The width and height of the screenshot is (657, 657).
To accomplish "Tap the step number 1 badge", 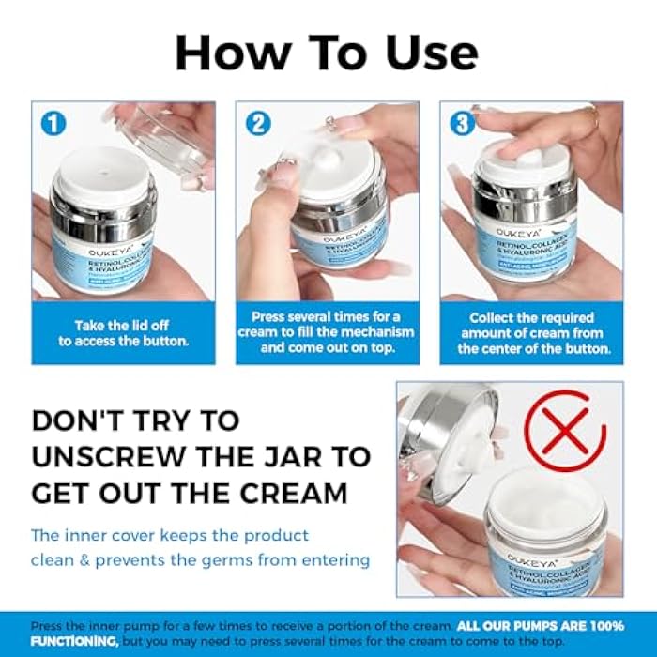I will [x=53, y=123].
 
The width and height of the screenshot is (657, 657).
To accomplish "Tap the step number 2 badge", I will [x=257, y=123].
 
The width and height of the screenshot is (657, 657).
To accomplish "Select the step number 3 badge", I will [x=462, y=123].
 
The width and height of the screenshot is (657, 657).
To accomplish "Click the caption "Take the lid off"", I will [x=123, y=325].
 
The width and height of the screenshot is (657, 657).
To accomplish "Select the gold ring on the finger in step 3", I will [x=593, y=117].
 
